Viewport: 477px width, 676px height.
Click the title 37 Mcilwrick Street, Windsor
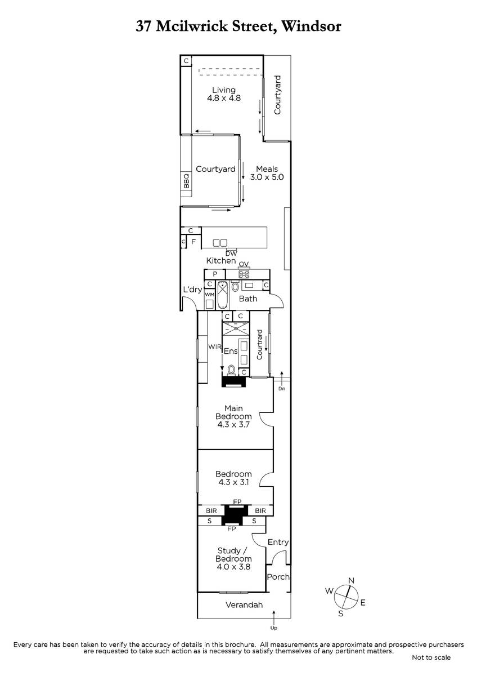[x=238, y=26]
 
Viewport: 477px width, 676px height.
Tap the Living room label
[x=224, y=94]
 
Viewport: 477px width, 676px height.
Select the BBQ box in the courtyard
[x=186, y=180]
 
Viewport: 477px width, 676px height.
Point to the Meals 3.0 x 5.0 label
[x=267, y=173]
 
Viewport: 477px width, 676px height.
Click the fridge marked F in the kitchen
[x=193, y=242]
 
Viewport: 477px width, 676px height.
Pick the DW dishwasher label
[x=231, y=253]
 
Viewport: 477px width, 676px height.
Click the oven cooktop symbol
[x=244, y=274]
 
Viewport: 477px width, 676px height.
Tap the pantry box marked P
[x=215, y=274]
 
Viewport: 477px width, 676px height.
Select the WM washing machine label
[x=209, y=294]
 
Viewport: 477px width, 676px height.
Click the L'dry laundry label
[x=192, y=290]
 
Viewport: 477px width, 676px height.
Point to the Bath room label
[x=248, y=299]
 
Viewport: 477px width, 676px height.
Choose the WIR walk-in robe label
[x=214, y=347]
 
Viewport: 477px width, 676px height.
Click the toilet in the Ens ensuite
[x=231, y=370]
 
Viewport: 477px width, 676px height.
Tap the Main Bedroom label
[x=233, y=416]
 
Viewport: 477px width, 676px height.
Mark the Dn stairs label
[x=281, y=389]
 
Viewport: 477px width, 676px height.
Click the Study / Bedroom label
[x=233, y=559]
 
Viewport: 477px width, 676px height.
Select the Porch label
[x=278, y=577]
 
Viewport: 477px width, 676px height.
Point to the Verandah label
[x=244, y=605]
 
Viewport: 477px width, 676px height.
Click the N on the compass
[x=351, y=580]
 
